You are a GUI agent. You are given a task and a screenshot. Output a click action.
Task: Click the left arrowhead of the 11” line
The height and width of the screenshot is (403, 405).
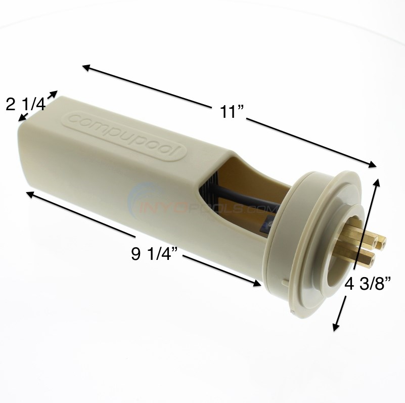[85, 67]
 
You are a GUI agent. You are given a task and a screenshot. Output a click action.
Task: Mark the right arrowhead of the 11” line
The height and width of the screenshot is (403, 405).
[375, 165]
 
